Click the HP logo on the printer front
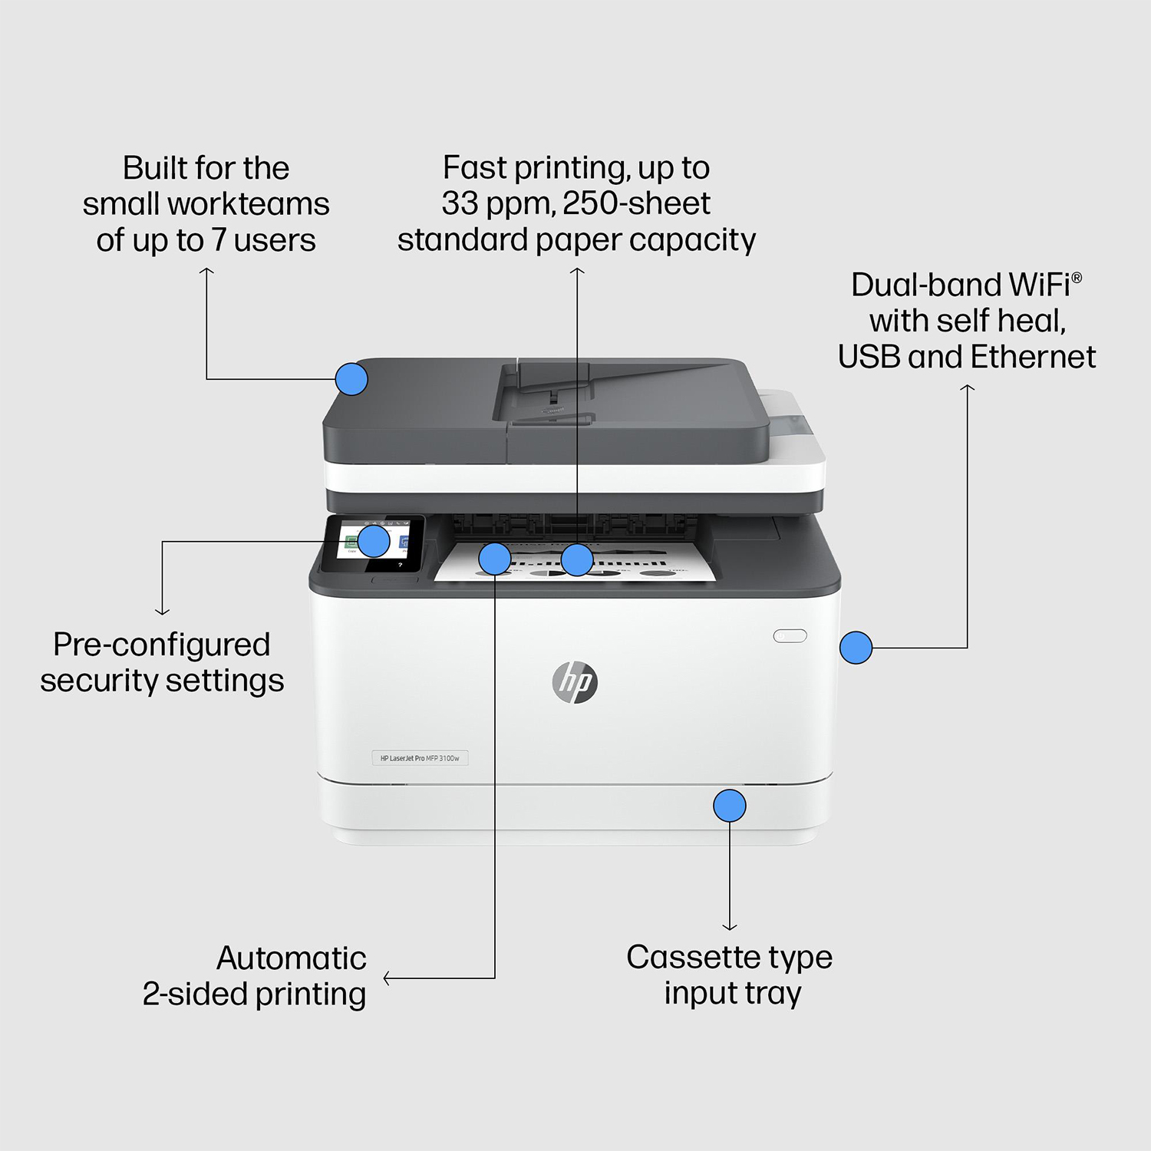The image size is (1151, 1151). click(575, 682)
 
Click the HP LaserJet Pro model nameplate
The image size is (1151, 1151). click(420, 758)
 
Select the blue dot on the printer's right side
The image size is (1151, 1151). click(856, 648)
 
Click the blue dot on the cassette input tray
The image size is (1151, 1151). click(729, 806)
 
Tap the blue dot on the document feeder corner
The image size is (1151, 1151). click(351, 379)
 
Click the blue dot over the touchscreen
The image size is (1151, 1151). click(374, 541)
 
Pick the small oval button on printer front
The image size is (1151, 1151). click(790, 635)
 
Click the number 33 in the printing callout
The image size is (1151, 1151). click(460, 204)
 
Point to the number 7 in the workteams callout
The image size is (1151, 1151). click(219, 241)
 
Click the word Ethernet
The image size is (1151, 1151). click(1033, 358)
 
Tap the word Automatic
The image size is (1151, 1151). click(291, 958)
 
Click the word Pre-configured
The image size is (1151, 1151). click(161, 645)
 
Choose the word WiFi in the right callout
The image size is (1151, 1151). click(1040, 285)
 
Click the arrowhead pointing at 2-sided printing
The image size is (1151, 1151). click(387, 978)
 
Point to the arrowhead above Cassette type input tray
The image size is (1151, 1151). click(729, 927)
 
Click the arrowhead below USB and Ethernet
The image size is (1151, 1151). click(967, 388)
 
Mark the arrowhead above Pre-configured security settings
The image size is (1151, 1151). click(162, 612)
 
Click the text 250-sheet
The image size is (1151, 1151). click(636, 204)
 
